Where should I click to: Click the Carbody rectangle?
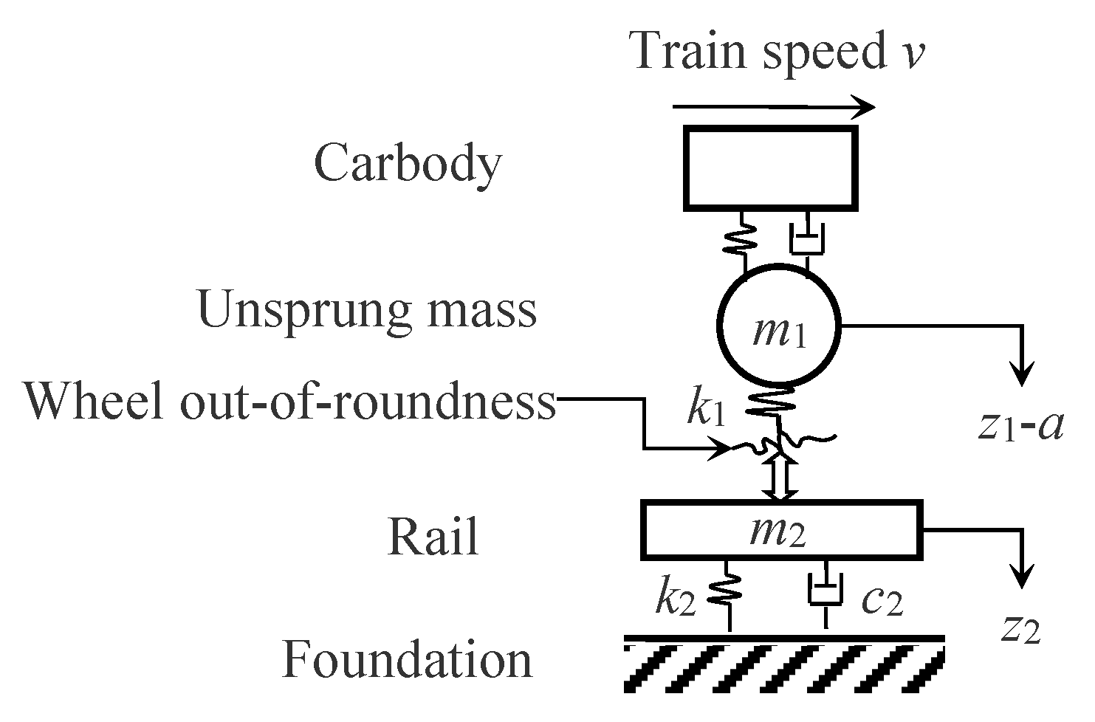[x=771, y=168]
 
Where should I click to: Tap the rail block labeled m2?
[x=780, y=531]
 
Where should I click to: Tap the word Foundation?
[x=407, y=659]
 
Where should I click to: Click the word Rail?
[x=433, y=537]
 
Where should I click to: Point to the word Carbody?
[x=407, y=163]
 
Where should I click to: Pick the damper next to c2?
[x=825, y=593]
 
